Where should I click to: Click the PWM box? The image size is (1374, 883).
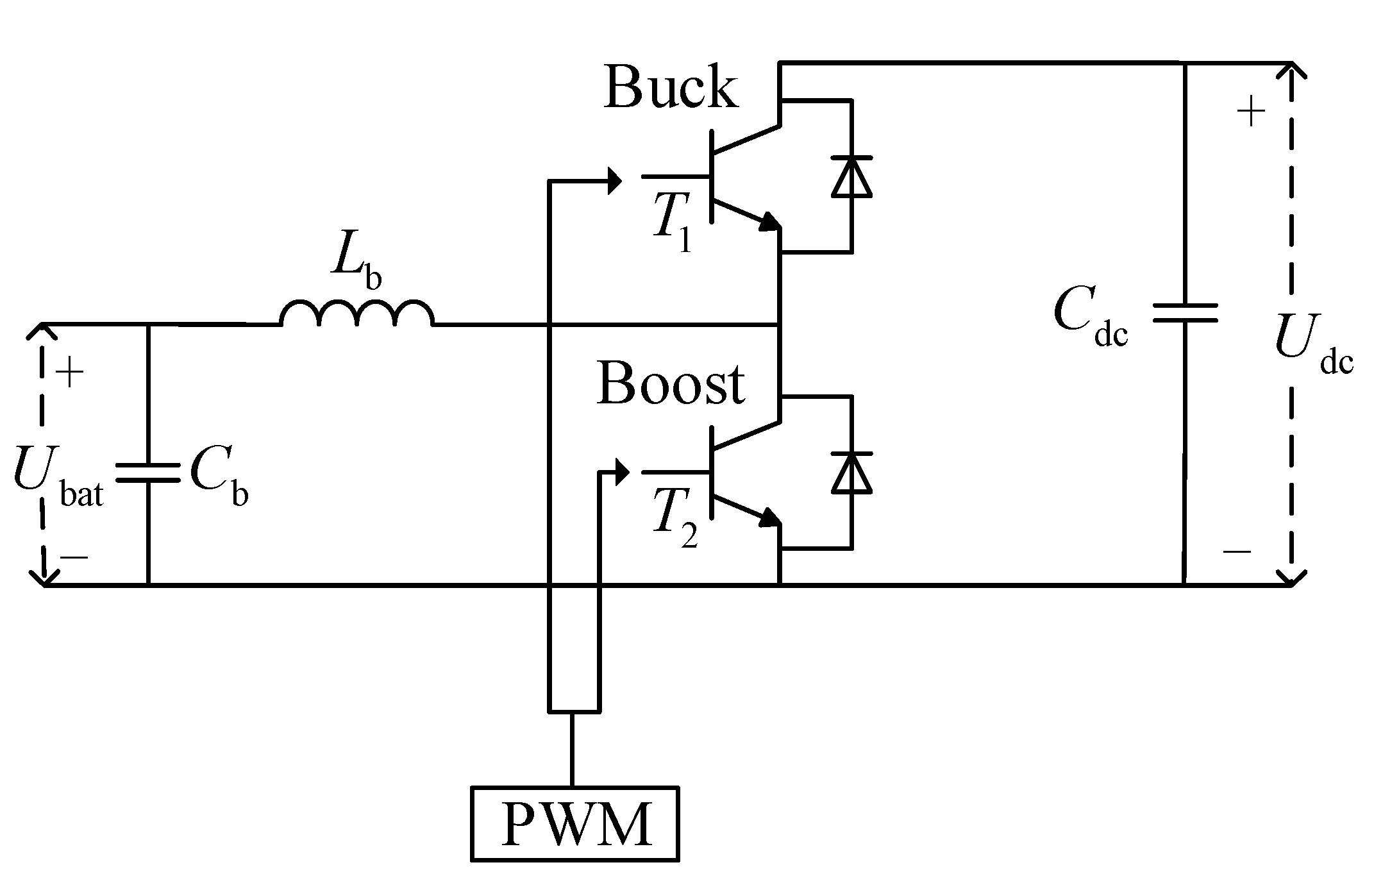click(575, 823)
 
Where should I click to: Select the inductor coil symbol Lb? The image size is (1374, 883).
click(356, 314)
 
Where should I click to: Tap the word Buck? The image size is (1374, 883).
click(670, 88)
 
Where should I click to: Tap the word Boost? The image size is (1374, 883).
click(671, 385)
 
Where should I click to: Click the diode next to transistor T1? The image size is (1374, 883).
click(851, 176)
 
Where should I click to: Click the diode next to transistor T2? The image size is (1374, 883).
click(851, 473)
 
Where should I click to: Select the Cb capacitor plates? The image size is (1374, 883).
click(148, 473)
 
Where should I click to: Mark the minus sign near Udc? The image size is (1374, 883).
click(1237, 550)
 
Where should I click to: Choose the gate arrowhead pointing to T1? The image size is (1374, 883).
click(614, 181)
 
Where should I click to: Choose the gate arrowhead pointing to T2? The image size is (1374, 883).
click(621, 473)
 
